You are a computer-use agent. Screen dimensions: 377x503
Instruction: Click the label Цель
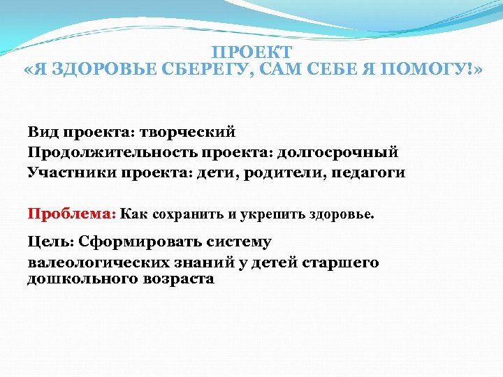click(x=50, y=242)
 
